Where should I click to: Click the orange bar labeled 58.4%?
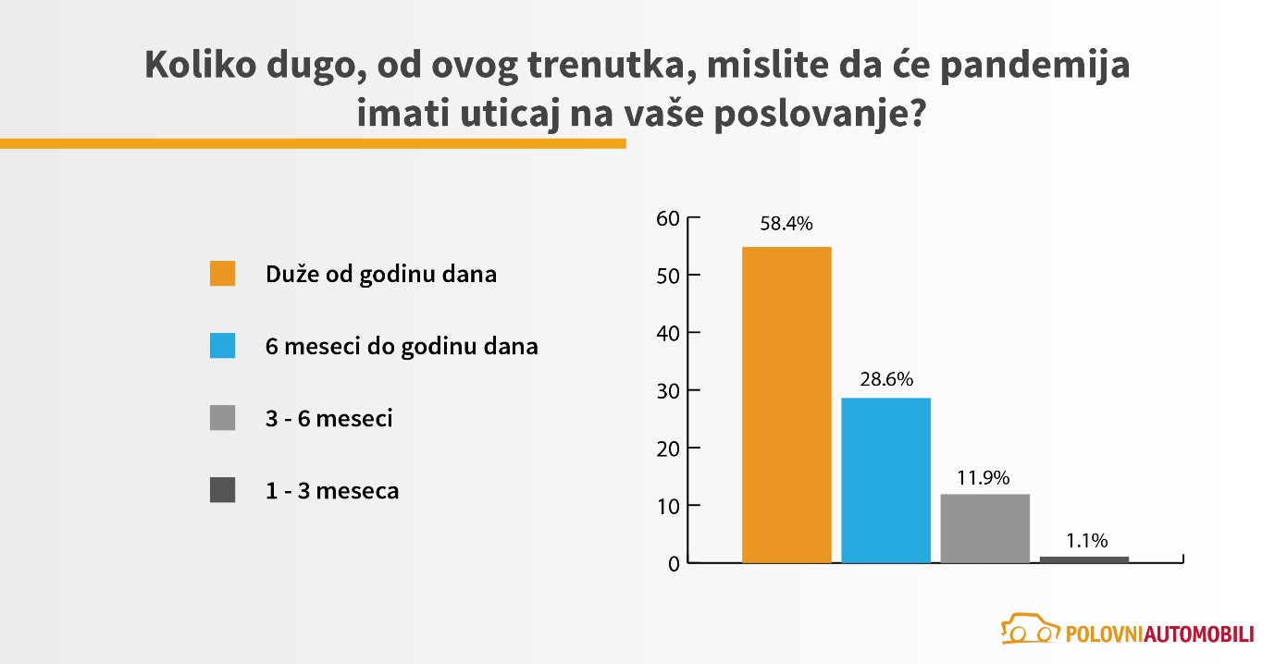click(x=786, y=404)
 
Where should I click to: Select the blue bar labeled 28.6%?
click(x=885, y=480)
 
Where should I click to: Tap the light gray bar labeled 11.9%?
click(x=984, y=529)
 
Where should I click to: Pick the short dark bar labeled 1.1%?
click(x=1084, y=559)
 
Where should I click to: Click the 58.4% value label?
click(x=786, y=224)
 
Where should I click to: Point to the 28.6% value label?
click(x=886, y=379)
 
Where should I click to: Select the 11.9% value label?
click(x=983, y=477)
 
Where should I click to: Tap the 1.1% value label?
click(x=1086, y=540)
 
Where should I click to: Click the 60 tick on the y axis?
click(x=668, y=218)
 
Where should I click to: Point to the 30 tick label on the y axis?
click(x=668, y=391)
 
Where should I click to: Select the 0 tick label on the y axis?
click(x=674, y=564)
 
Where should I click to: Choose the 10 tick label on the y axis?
click(x=668, y=507)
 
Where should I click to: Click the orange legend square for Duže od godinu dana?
click(x=223, y=274)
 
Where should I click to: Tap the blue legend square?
click(x=223, y=345)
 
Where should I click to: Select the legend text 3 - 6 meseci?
click(x=329, y=418)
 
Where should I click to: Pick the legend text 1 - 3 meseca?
click(x=332, y=490)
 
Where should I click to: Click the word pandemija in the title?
click(x=1034, y=67)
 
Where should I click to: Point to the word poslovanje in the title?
click(x=820, y=115)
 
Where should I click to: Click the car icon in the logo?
click(x=1030, y=629)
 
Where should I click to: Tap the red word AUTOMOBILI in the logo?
click(x=1199, y=633)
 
